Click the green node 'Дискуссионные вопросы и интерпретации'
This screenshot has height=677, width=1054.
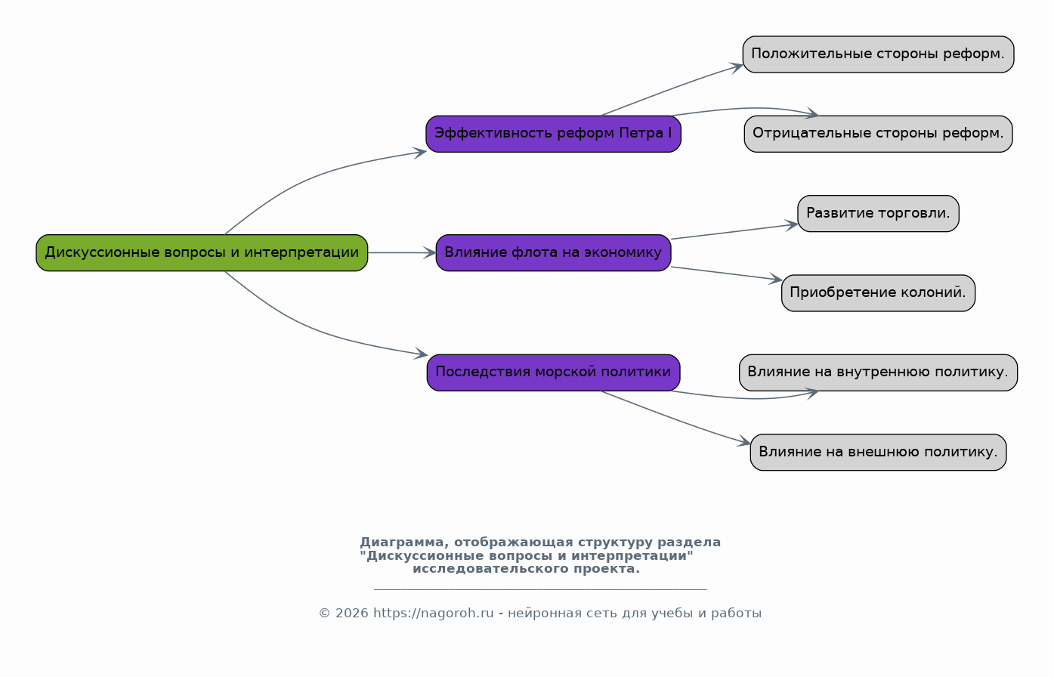pyautogui.click(x=202, y=252)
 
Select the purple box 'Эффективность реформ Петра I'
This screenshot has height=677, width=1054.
pyautogui.click(x=553, y=134)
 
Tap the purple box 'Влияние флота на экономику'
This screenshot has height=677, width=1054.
pyautogui.click(x=553, y=252)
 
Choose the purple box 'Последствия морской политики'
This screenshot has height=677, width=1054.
pyautogui.click(x=553, y=373)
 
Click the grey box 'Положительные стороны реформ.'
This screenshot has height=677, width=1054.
pyautogui.click(x=878, y=54)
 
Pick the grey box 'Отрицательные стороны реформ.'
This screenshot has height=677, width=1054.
pyautogui.click(x=878, y=134)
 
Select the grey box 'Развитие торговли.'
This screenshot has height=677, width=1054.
pyautogui.click(x=878, y=214)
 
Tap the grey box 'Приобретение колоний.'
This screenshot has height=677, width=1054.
pyautogui.click(x=878, y=293)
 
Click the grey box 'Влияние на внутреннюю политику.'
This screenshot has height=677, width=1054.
pyautogui.click(x=878, y=373)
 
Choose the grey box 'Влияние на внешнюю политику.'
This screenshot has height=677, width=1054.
pyautogui.click(x=878, y=452)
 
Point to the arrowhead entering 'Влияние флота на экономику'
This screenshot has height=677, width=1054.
pyautogui.click(x=430, y=253)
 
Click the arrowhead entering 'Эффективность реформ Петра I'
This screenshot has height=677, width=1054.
pyautogui.click(x=420, y=153)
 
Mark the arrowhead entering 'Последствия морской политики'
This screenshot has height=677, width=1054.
pyautogui.click(x=421, y=354)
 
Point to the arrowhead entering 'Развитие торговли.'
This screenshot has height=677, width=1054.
pyautogui.click(x=791, y=225)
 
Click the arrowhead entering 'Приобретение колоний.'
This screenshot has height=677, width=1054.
pyautogui.click(x=775, y=279)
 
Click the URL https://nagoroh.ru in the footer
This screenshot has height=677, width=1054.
pyautogui.click(x=434, y=614)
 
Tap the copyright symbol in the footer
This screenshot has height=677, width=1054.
pyautogui.click(x=325, y=614)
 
